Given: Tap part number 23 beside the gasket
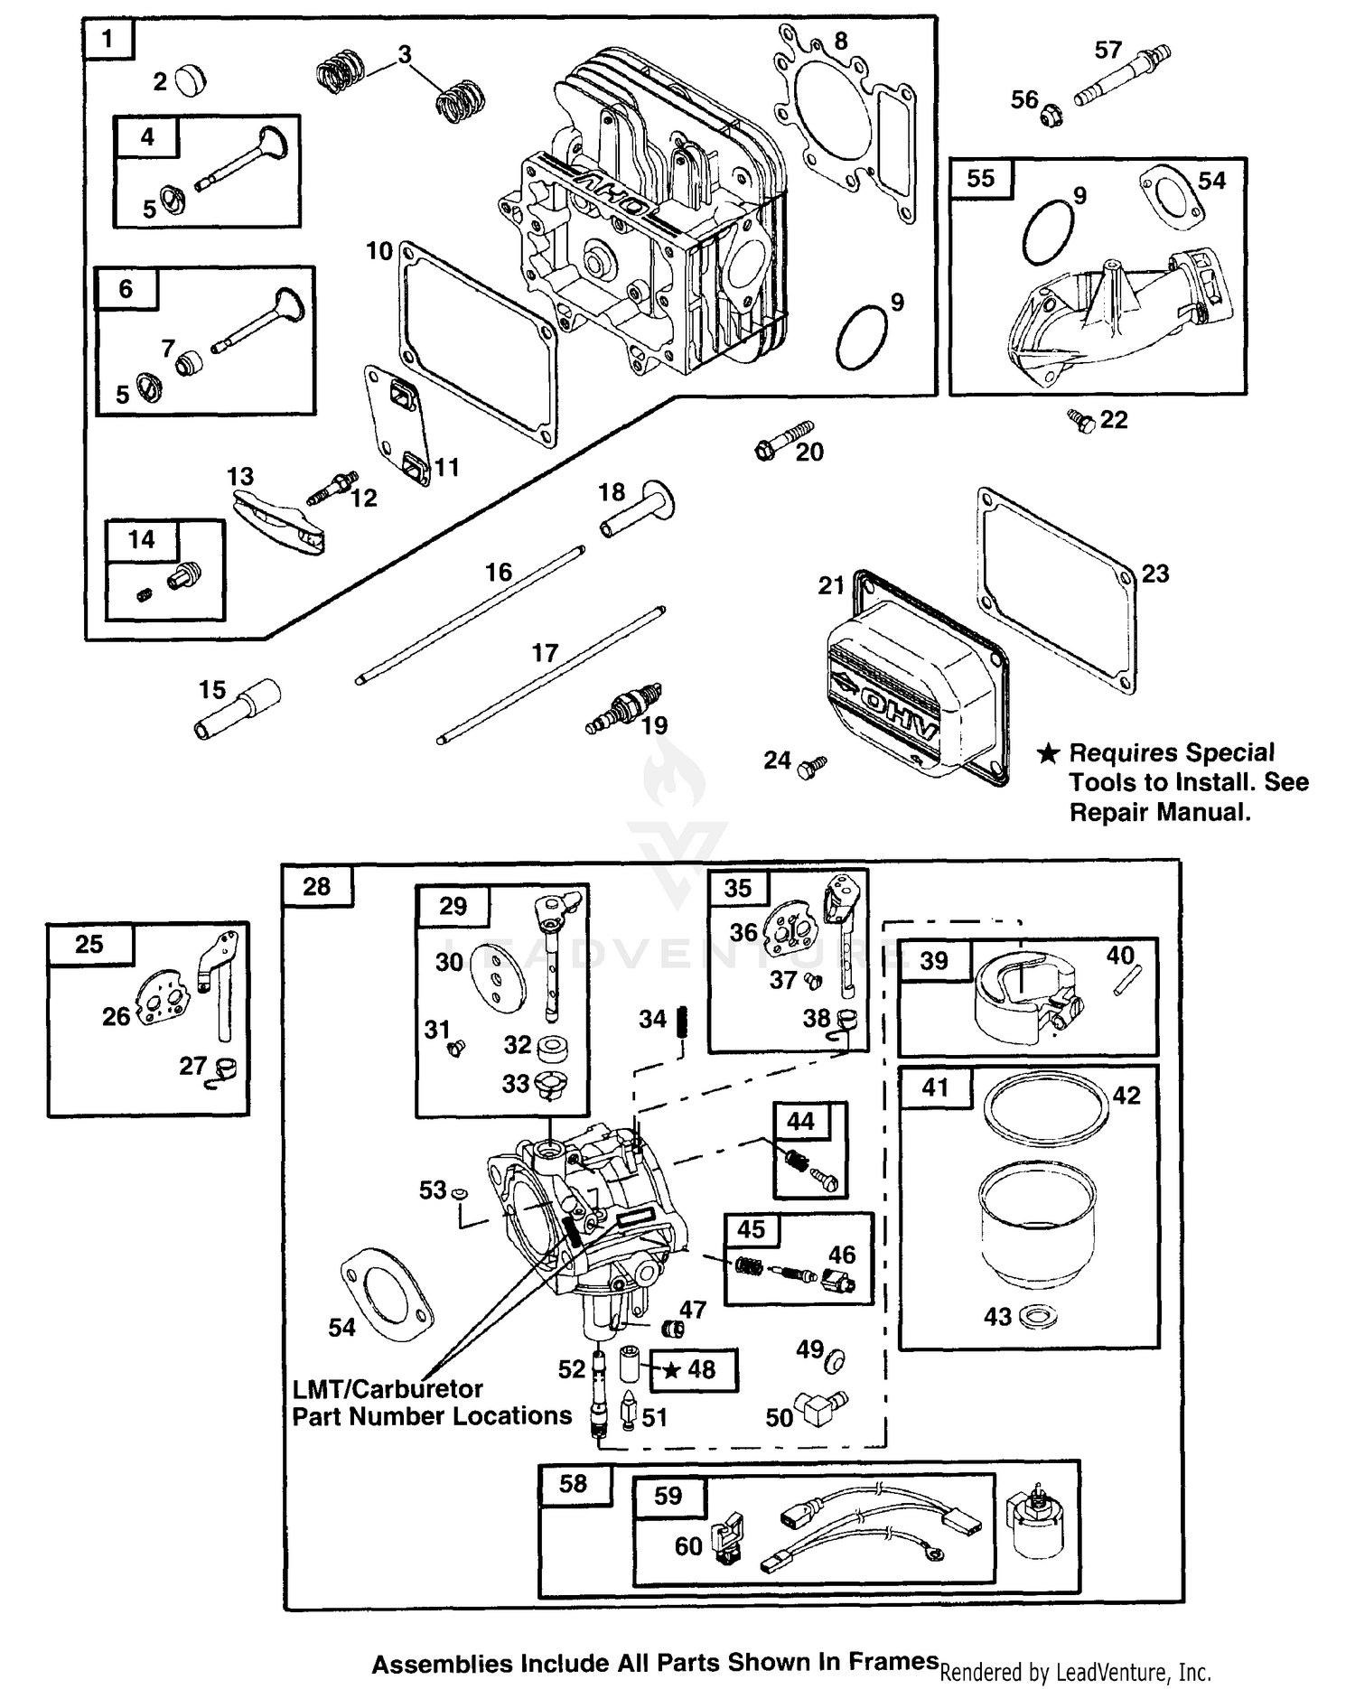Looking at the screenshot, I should point(1155,574).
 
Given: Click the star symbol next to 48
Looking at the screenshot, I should point(671,1370).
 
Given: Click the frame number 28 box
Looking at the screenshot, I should point(317,886).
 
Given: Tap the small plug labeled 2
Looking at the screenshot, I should point(191,80).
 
